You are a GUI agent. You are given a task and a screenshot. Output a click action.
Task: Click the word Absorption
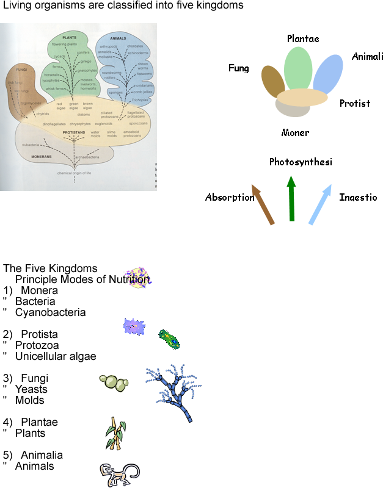[230, 197]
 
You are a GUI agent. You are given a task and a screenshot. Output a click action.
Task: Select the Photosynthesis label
[301, 162]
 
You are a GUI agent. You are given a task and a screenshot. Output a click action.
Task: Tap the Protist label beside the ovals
[355, 103]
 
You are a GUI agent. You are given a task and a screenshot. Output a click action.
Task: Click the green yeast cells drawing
[114, 382]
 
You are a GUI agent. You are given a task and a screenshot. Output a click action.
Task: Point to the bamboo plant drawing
[115, 433]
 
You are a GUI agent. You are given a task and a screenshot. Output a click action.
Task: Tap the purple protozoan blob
[134, 327]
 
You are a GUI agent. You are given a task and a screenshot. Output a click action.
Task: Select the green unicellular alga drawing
[169, 339]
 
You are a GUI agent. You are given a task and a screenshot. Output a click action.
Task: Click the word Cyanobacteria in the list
[51, 312]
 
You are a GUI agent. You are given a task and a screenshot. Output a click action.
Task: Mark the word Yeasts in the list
[31, 389]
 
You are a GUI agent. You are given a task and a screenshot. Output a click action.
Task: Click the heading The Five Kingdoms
[50, 268]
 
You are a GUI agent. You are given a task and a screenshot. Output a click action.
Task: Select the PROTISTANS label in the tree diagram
[74, 132]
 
